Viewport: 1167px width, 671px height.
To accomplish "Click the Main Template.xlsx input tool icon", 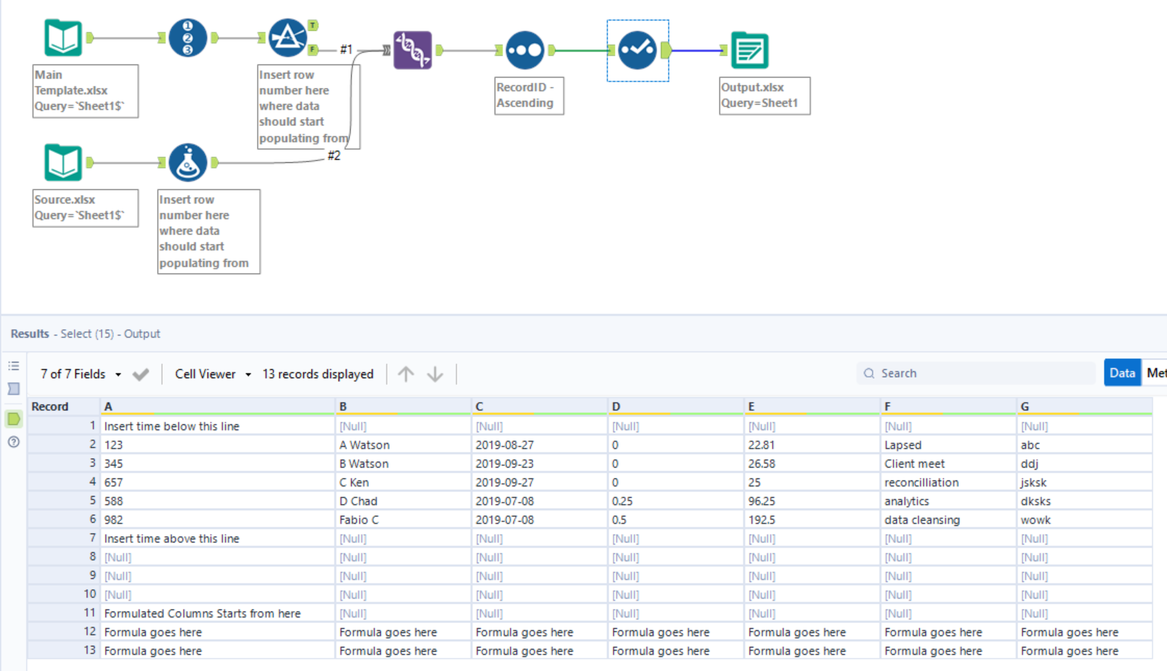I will coord(63,38).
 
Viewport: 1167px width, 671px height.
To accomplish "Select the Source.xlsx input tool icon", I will coord(63,163).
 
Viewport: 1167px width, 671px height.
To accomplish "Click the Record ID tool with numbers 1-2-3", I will coord(188,38).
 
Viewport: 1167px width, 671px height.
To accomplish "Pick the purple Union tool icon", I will coord(412,50).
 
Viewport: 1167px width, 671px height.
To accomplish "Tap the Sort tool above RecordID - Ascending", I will coord(525,50).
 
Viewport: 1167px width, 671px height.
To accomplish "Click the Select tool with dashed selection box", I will coord(637,50).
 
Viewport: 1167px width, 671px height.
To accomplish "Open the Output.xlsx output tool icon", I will coord(750,50).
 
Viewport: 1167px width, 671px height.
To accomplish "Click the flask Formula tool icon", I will coord(188,163).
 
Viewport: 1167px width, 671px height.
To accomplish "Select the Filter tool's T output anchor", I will coord(313,25).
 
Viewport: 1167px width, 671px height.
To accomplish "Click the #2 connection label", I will coord(334,156).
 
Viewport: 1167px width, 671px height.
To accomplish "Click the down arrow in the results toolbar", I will coord(435,374).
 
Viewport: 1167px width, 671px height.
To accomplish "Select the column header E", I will coord(752,406).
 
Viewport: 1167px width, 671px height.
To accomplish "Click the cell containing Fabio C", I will coord(359,520).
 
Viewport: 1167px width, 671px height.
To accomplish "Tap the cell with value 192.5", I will coord(762,520).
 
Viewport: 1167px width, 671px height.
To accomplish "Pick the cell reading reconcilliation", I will coord(921,483).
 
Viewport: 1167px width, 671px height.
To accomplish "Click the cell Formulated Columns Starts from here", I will coord(202,614).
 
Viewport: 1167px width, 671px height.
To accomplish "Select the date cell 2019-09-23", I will coord(504,463).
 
